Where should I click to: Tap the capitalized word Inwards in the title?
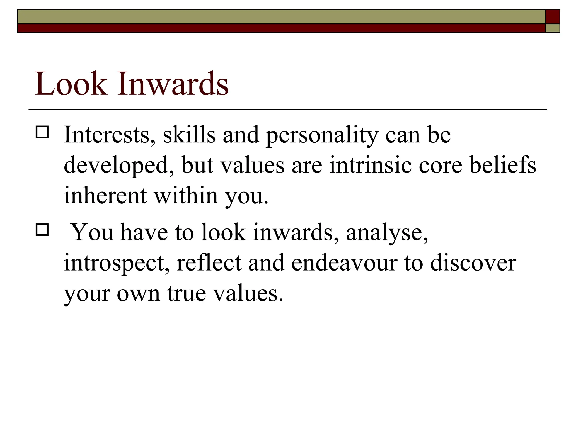[x=173, y=84]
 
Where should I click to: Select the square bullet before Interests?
[x=42, y=132]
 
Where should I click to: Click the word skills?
[x=189, y=135]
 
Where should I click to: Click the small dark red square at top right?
[x=553, y=17]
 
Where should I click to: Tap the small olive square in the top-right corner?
[x=553, y=28]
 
